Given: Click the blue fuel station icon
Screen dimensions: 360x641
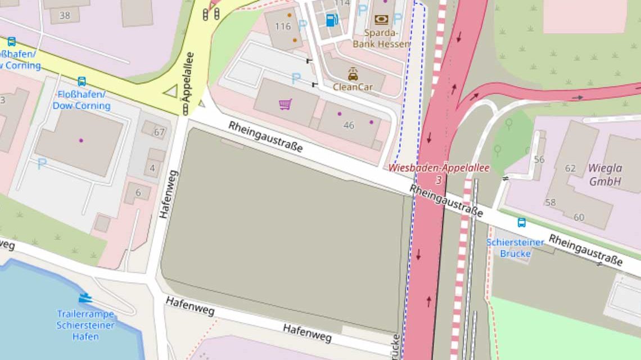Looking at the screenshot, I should tap(332, 20).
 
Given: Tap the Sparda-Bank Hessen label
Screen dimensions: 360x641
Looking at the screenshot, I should tap(381, 38).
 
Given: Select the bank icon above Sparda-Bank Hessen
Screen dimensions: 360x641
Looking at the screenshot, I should tap(381, 20).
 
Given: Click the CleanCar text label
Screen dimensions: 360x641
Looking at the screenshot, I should tap(353, 87).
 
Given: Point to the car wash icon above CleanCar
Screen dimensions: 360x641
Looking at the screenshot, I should tap(353, 74).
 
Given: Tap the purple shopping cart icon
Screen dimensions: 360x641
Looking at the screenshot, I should tap(285, 104).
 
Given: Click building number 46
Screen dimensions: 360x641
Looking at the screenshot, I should tap(349, 125).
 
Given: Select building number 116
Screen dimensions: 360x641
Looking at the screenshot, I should tap(283, 26).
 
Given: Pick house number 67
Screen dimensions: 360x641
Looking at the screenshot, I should tap(159, 132).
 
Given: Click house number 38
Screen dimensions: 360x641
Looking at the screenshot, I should tap(65, 15).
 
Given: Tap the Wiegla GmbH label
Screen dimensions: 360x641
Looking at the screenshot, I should tap(605, 174).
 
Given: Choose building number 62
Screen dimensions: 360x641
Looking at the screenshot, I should tap(570, 168).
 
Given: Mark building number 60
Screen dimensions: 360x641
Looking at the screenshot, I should tap(579, 217).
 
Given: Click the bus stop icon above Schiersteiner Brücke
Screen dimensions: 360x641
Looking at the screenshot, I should tap(521, 222).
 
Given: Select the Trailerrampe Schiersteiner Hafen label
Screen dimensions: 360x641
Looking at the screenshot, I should tap(85, 325).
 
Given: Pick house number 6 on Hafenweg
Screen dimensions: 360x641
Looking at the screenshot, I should tap(138, 192).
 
